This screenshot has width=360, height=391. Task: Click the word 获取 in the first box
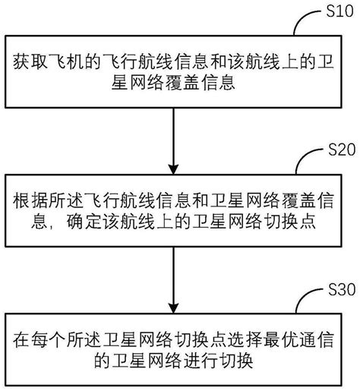[x=29, y=62]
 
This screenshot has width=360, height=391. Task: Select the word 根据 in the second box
[x=29, y=203]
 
